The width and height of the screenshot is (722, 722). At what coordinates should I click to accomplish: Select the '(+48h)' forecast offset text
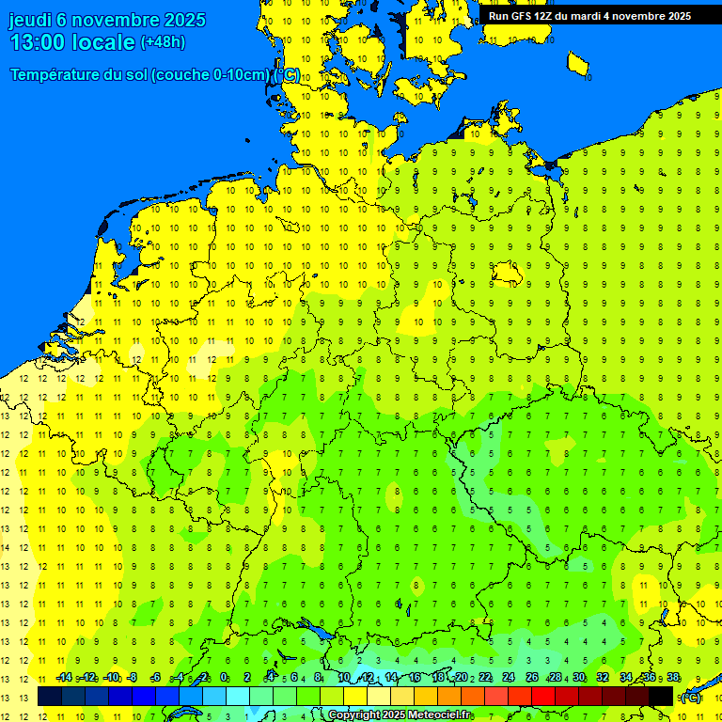163,42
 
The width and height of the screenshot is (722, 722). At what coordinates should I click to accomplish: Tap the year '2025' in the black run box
672,16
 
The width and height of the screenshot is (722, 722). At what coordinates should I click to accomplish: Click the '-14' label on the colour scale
64,677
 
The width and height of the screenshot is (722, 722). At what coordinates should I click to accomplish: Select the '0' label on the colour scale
224,677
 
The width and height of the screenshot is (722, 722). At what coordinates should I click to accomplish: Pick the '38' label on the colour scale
673,677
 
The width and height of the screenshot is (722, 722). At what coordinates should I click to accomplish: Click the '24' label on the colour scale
509,677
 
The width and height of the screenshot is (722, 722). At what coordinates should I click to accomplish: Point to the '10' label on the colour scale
343,677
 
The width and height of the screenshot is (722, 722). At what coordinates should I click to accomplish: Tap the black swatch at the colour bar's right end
661,696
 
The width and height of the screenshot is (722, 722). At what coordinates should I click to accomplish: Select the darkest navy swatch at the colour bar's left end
50,696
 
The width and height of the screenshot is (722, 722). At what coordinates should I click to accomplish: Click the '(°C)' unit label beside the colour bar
691,697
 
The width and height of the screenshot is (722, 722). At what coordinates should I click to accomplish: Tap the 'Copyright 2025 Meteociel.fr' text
399,715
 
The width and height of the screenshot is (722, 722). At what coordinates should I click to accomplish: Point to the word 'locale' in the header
102,42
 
